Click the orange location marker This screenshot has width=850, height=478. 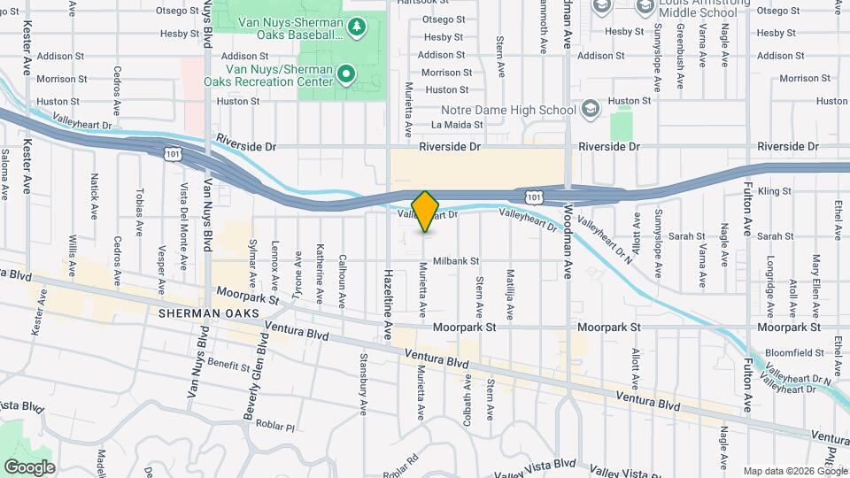425,211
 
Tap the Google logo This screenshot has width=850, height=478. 29,466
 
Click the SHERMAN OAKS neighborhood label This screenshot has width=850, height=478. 209,314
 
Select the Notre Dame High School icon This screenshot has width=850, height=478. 591,110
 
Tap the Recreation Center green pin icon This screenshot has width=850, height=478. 346,73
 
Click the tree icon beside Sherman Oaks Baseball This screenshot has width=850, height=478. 356,27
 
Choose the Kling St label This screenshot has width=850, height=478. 775,190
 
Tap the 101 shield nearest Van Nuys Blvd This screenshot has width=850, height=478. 171,154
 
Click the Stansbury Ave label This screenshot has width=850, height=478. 363,386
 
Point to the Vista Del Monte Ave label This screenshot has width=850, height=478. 184,218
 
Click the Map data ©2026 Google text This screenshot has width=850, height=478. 794,471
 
